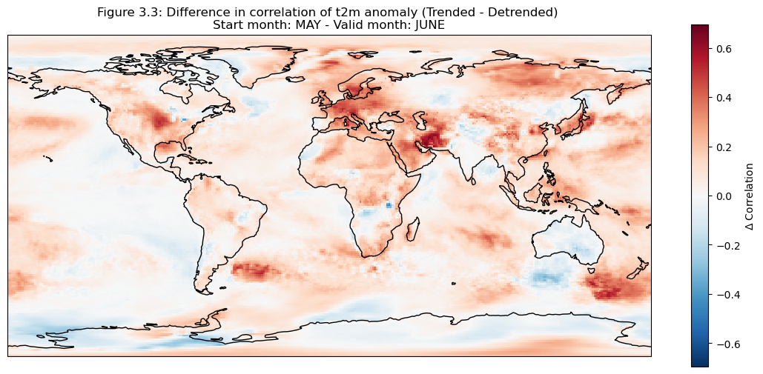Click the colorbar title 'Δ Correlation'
pyautogui.click(x=750, y=196)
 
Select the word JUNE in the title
pyautogui.click(x=426, y=24)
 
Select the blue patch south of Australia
pyautogui.click(x=549, y=279)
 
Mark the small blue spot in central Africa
pyautogui.click(x=388, y=205)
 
